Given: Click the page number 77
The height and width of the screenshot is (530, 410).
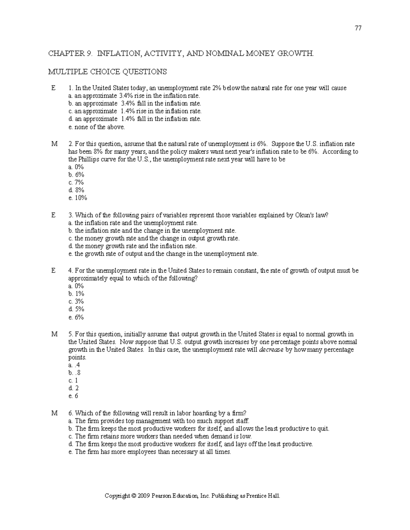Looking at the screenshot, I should pos(358,28).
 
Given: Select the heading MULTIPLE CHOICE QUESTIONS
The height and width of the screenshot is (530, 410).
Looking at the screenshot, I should pos(107,72).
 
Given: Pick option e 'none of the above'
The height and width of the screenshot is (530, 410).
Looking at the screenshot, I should pos(97,127).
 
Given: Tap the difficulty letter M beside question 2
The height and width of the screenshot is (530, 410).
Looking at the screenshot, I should pos(54,144).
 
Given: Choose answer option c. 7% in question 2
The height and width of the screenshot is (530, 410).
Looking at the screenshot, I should pos(76,182).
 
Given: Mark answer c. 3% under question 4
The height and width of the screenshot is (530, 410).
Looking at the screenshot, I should pos(76,301).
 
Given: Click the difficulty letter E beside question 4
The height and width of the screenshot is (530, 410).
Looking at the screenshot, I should pos(53,271).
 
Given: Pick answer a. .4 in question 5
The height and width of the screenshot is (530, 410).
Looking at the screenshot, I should pos(74,365).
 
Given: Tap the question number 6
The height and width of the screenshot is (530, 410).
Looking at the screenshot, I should pos(70,413).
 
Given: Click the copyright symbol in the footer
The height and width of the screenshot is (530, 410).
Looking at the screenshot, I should pos(134,496).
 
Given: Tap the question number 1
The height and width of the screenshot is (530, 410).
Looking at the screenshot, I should pos(70,88).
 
